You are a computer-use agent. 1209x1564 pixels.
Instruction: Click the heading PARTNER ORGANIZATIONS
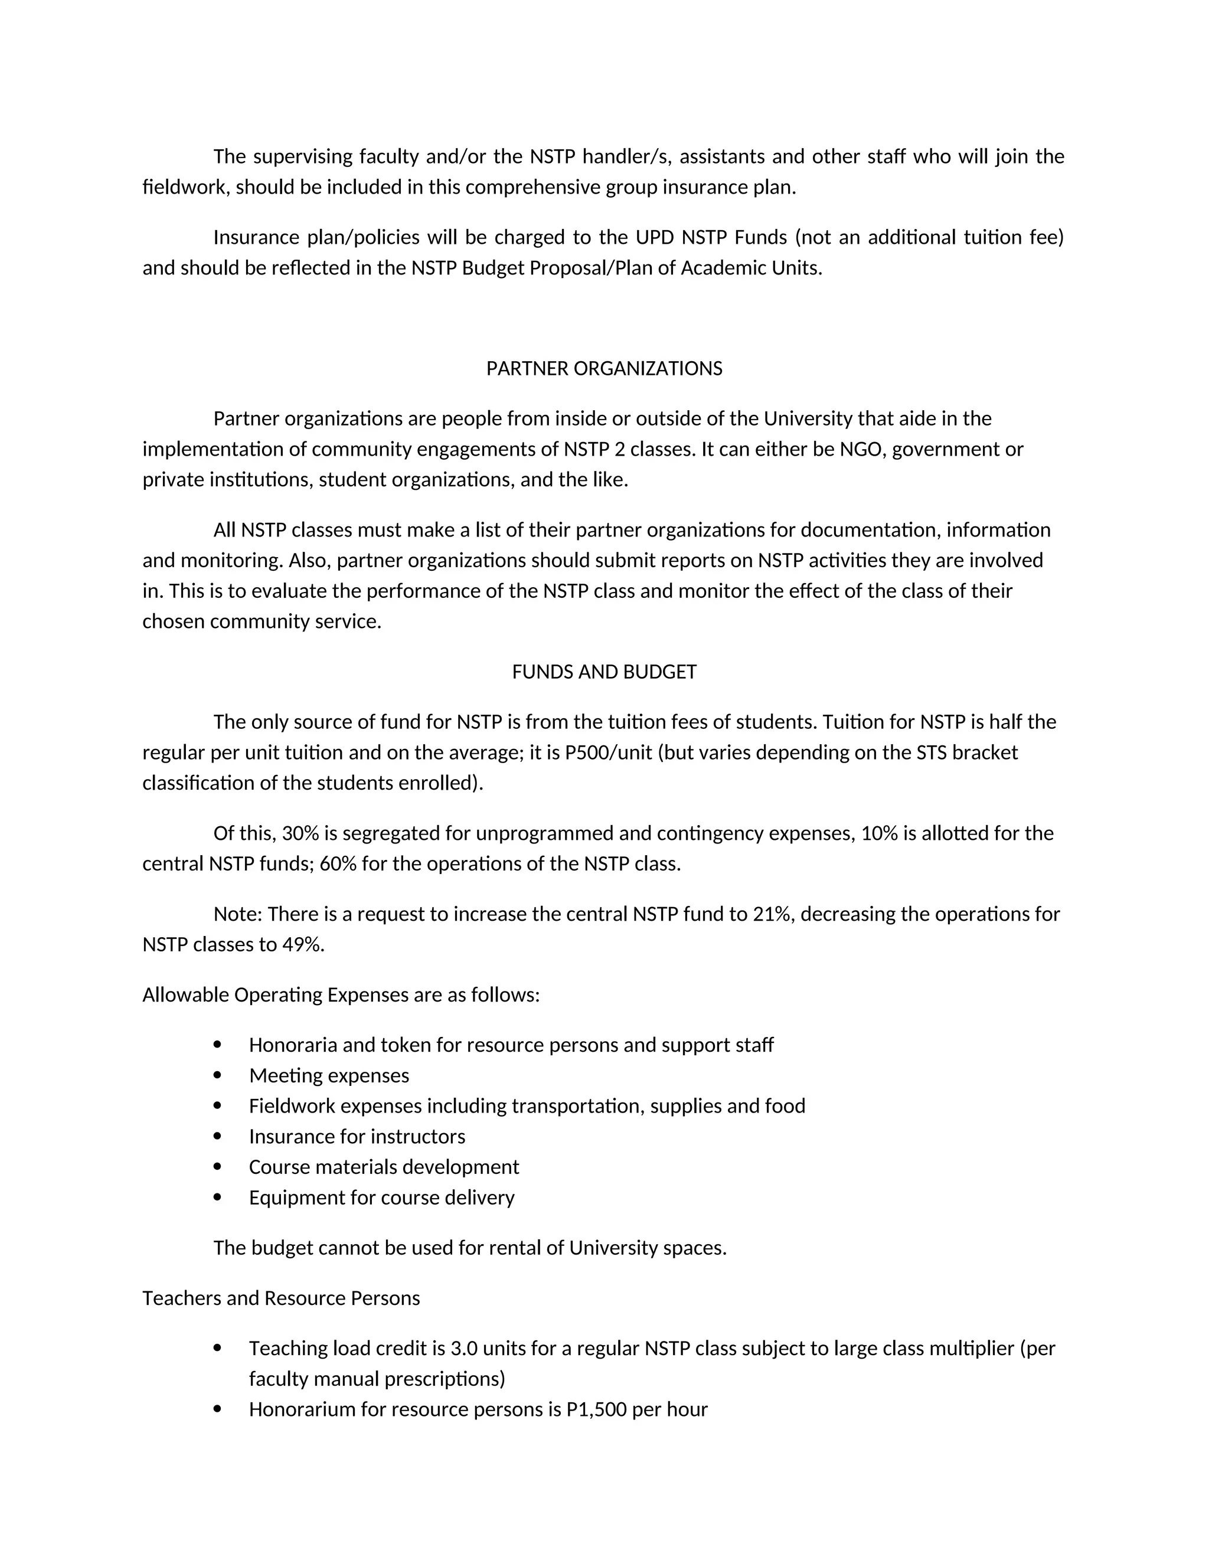[604, 369]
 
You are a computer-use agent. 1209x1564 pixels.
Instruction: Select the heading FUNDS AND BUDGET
[604, 672]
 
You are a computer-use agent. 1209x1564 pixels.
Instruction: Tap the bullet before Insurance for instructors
[218, 1137]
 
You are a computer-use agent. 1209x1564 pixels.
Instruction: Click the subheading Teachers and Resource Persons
[281, 1298]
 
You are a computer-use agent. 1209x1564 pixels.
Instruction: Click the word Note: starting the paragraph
[238, 914]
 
